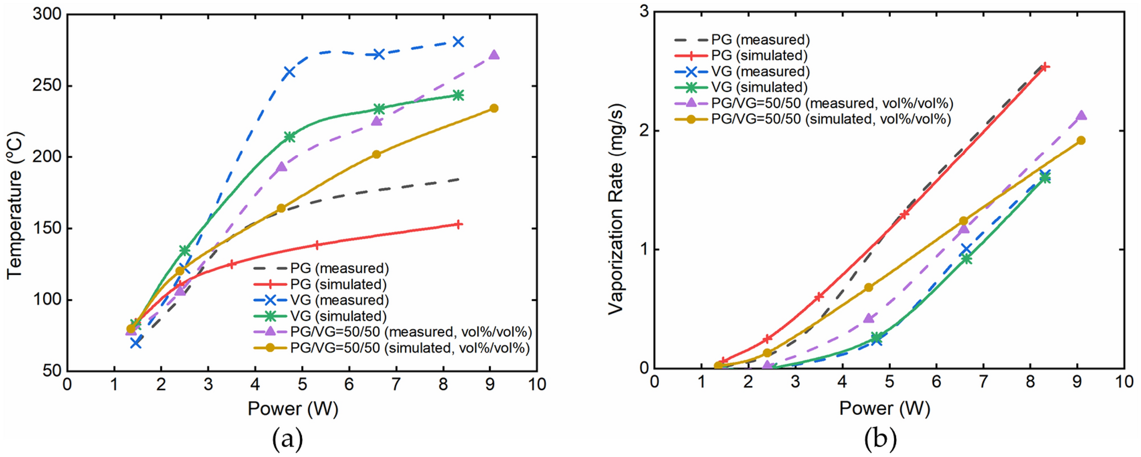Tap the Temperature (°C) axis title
click(15, 205)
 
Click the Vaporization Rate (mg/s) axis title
click(616, 209)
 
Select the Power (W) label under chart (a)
click(293, 409)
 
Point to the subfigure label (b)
click(880, 439)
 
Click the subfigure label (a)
click(288, 439)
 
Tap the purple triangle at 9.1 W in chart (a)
click(494, 55)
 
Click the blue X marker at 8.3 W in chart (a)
click(458, 41)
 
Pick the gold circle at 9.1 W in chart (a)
click(494, 108)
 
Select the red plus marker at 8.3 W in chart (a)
click(458, 225)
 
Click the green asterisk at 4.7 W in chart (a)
click(289, 137)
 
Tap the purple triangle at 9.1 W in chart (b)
click(1081, 115)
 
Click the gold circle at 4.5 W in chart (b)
click(868, 288)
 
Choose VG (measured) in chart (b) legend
click(760, 72)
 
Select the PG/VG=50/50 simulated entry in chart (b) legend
click(831, 119)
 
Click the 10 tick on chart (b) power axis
click(1124, 381)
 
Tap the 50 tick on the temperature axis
click(52, 371)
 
